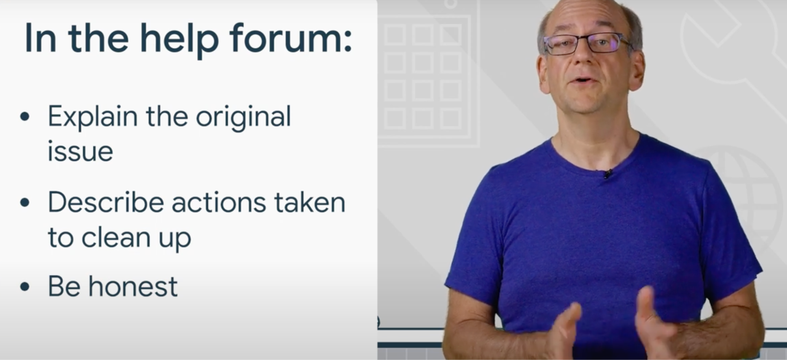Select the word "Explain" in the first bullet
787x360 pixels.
(x=93, y=117)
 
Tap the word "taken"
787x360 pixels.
(x=310, y=202)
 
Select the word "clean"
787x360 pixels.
(x=116, y=237)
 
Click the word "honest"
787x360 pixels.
(x=133, y=286)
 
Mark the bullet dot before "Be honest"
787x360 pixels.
(x=25, y=286)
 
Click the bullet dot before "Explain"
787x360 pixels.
(x=25, y=117)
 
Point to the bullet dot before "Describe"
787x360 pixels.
(x=25, y=202)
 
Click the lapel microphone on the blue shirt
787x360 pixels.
(x=608, y=173)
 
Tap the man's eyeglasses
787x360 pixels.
(x=587, y=44)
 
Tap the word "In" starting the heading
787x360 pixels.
(x=41, y=39)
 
